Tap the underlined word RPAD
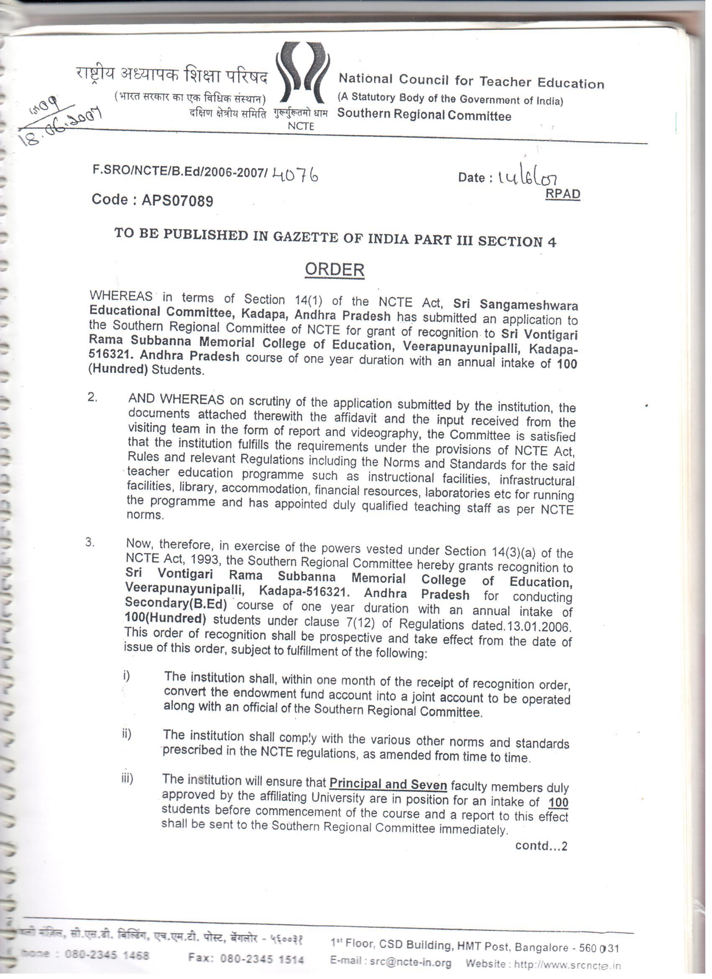click(563, 194)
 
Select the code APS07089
click(177, 201)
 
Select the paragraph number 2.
click(92, 398)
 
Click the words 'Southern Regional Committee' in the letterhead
click(424, 114)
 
